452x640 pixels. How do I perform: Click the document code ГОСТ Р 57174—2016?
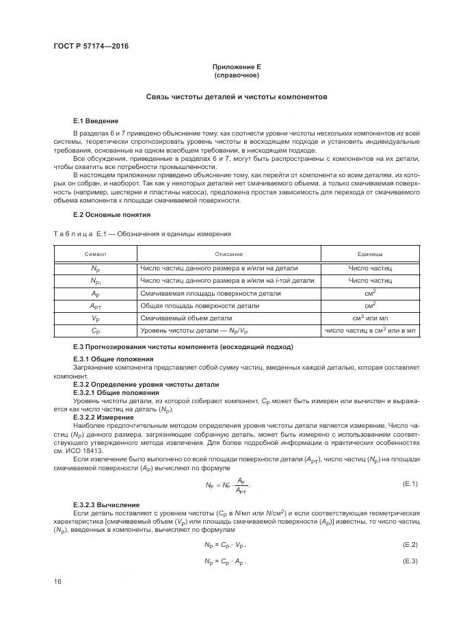coord(91,46)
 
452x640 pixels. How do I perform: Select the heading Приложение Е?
coord(237,67)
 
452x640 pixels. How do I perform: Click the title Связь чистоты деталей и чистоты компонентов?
coord(237,97)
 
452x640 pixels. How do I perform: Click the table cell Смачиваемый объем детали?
coord(186,318)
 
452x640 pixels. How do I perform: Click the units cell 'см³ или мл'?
coord(370,318)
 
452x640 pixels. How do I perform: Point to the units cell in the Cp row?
coord(370,331)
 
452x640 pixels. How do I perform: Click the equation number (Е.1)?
coord(410,485)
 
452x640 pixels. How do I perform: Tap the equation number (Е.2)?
coord(410,544)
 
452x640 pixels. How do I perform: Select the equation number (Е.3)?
coord(410,561)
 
